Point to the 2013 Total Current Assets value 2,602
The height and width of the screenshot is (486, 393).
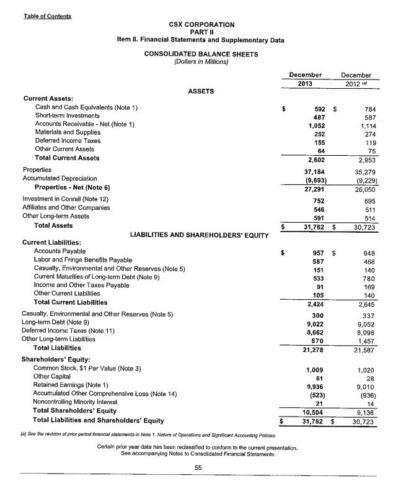click(317, 159)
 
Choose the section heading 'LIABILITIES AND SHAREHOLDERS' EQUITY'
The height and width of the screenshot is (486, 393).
click(199, 234)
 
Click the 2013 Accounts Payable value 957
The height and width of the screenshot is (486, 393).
click(320, 253)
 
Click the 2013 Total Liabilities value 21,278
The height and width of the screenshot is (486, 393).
click(316, 348)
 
